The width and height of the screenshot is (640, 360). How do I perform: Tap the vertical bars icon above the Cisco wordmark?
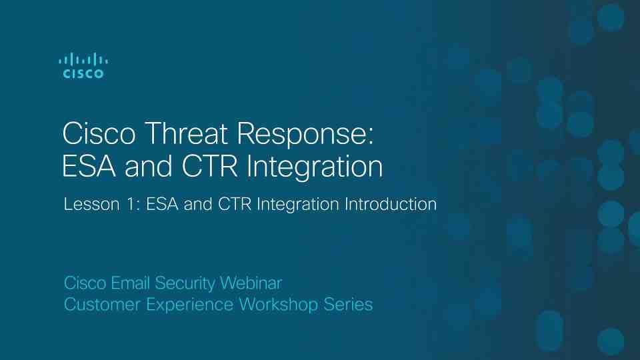tap(83, 59)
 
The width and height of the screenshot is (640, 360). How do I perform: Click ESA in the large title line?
tap(89, 166)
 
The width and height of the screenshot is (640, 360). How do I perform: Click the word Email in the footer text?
tap(131, 283)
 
